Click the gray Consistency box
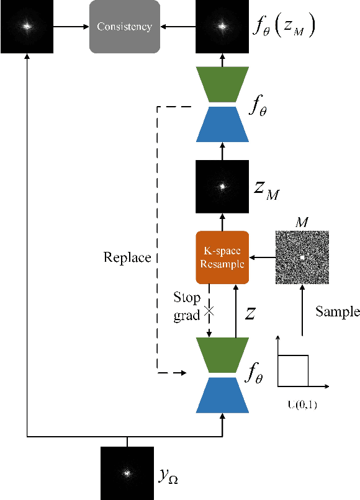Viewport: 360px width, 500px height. coord(124,27)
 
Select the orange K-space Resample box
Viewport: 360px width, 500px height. coord(222,257)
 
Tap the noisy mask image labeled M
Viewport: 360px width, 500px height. coord(302,257)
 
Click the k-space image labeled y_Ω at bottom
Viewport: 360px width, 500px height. coord(127,473)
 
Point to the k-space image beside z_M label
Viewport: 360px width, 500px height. coord(222,186)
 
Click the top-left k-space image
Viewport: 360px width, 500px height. coord(27,27)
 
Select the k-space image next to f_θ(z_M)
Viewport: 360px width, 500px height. coord(222,27)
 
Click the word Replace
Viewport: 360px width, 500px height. coord(127,257)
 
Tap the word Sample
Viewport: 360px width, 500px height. coord(337,311)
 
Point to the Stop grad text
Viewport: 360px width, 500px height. coord(187,306)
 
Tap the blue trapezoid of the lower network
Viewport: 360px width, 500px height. coord(222,395)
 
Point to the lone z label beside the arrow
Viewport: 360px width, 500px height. coord(250,313)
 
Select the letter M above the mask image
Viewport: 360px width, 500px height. coord(302,221)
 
